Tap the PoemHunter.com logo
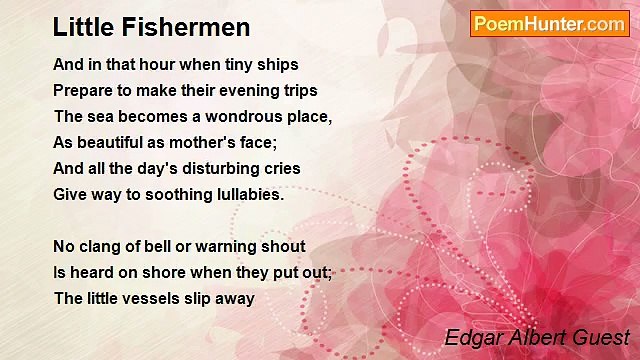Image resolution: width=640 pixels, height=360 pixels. pos(549,24)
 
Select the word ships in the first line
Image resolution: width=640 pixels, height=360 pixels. pos(277,64)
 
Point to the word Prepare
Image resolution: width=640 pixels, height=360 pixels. pos(84,90)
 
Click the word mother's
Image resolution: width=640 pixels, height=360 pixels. pos(219,142)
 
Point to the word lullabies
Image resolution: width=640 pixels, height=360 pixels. pos(247,194)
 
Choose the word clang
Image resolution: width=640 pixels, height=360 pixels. pos(102,246)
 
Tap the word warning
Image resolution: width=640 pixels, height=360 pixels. pos(227,246)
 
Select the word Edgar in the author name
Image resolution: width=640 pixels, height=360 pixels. pos(470,337)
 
